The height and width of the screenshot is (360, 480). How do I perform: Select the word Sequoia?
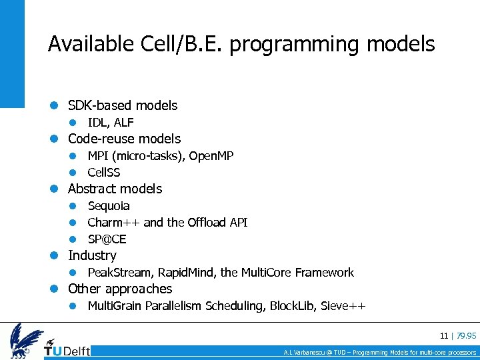109,206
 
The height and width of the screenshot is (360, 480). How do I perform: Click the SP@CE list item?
107,239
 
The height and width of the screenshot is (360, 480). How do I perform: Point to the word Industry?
92,255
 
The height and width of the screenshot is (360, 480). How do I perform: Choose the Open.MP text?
211,156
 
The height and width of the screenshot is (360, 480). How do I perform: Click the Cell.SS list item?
104,173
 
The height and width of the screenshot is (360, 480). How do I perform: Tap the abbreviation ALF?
124,123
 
